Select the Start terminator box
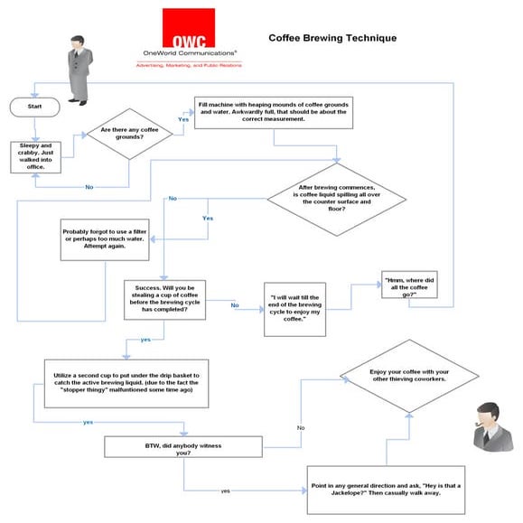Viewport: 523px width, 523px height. point(33,106)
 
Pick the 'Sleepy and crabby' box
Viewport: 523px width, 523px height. point(37,156)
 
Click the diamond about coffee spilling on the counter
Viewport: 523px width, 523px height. point(337,201)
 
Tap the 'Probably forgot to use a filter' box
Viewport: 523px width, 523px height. point(106,239)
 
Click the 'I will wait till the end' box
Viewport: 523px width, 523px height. point(294,308)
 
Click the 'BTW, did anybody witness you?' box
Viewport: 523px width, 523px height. point(182,447)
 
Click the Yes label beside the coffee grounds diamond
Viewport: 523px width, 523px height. point(183,118)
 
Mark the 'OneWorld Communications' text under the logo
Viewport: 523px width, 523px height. point(188,53)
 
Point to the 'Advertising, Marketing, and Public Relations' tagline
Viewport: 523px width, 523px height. point(188,65)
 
